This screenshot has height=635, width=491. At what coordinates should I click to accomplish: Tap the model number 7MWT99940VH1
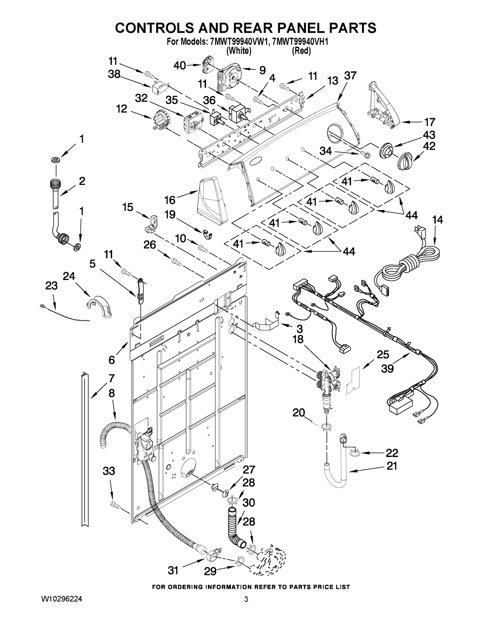point(301,42)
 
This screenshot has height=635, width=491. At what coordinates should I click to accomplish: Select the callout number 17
point(429,122)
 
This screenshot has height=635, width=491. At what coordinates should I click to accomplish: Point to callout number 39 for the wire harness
point(387,368)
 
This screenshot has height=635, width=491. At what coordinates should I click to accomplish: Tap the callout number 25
point(382,355)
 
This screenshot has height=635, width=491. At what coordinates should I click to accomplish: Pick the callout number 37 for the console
point(350,76)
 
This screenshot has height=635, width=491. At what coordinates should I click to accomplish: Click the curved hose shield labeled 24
point(100,307)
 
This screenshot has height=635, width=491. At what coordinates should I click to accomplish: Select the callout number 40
point(179,65)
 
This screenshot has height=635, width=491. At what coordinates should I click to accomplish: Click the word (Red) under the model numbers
point(301,51)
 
